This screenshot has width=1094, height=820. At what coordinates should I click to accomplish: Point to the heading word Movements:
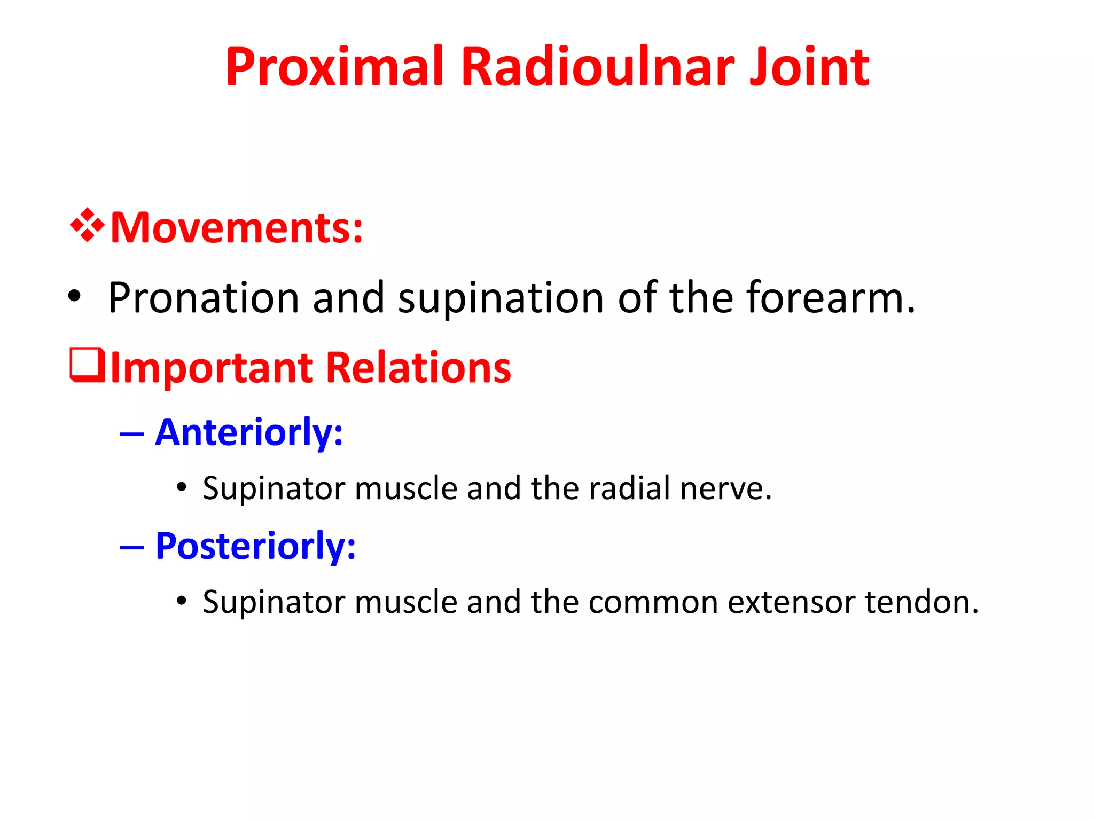pyautogui.click(x=237, y=228)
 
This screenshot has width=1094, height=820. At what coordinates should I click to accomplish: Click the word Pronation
pyautogui.click(x=203, y=298)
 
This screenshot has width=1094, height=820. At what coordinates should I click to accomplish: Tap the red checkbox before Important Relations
pyautogui.click(x=87, y=366)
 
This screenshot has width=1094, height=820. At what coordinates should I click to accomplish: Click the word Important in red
pyautogui.click(x=212, y=368)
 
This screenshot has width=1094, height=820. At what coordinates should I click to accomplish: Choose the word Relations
pyautogui.click(x=418, y=368)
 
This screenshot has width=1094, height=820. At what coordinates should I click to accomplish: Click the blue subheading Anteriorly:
pyautogui.click(x=249, y=432)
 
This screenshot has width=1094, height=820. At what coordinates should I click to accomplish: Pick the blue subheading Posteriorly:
pyautogui.click(x=255, y=546)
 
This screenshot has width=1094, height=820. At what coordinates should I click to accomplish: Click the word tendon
pyautogui.click(x=921, y=602)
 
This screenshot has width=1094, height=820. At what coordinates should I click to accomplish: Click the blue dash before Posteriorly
pyautogui.click(x=131, y=548)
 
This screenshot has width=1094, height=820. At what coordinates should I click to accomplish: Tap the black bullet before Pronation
pyautogui.click(x=75, y=296)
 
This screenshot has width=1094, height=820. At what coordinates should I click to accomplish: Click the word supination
pyautogui.click(x=501, y=298)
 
